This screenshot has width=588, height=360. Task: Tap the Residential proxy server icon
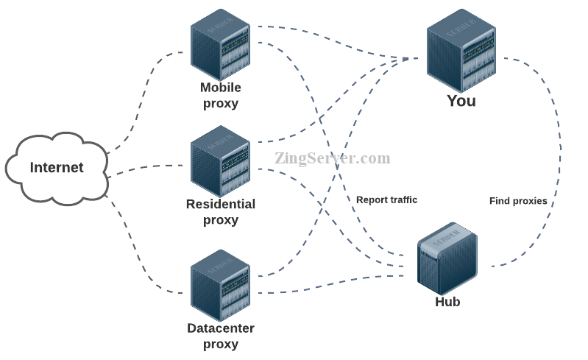pyautogui.click(x=220, y=161)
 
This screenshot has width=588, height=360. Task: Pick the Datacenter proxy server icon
pyautogui.click(x=220, y=284)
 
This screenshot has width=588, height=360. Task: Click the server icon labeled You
pyautogui.click(x=461, y=50)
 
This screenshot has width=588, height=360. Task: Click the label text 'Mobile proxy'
pyautogui.click(x=221, y=96)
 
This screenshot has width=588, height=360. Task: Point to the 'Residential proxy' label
pyautogui.click(x=221, y=212)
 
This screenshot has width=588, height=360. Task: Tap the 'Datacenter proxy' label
pyautogui.click(x=221, y=336)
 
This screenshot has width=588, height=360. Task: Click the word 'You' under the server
pyautogui.click(x=461, y=101)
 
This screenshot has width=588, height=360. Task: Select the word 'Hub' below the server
pyautogui.click(x=447, y=302)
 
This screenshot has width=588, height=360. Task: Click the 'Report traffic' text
pyautogui.click(x=386, y=200)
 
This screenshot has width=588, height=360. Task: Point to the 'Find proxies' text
pyautogui.click(x=518, y=201)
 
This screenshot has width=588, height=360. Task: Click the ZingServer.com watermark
pyautogui.click(x=333, y=158)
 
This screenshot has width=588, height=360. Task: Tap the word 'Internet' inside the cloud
pyautogui.click(x=57, y=167)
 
